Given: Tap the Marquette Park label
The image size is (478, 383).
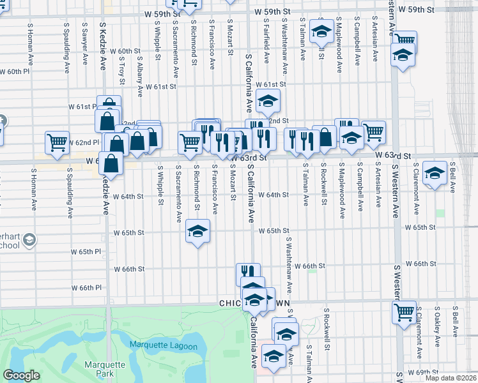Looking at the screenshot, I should [99, 370].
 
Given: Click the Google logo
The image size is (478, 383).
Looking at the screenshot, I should [21, 375].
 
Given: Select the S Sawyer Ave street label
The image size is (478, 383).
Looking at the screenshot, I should [84, 45].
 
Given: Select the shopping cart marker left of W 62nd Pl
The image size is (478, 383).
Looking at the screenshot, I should [57, 142].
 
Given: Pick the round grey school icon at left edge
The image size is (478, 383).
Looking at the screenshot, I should [28, 240].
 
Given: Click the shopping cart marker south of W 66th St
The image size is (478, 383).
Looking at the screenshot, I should [404, 313].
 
